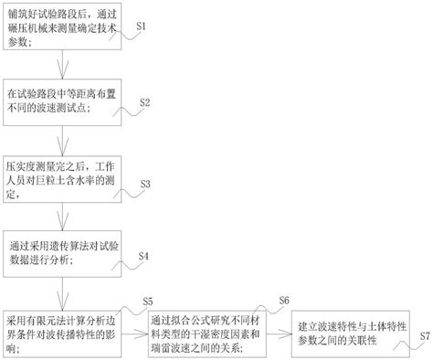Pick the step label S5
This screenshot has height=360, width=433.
click(x=149, y=302)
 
